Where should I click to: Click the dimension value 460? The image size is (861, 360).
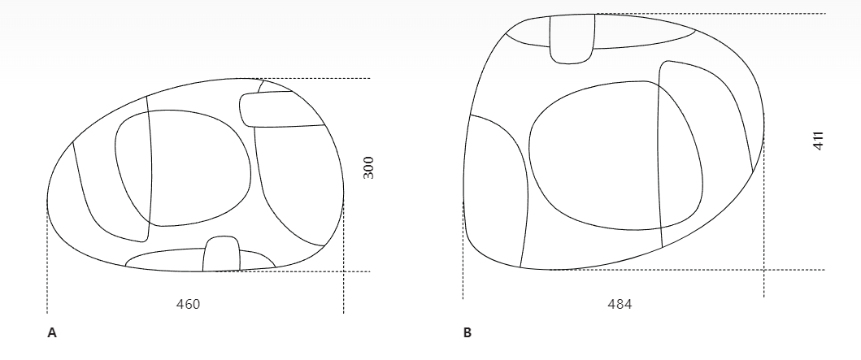pyautogui.click(x=188, y=304)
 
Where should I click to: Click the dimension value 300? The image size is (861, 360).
pyautogui.click(x=368, y=168)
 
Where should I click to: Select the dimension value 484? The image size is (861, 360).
pyautogui.click(x=620, y=304)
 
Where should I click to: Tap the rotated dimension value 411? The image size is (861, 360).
pyautogui.click(x=818, y=141)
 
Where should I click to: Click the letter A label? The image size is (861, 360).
pyautogui.click(x=52, y=332)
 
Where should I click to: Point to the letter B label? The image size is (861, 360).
pyautogui.click(x=467, y=332)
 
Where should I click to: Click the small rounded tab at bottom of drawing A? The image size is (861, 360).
pyautogui.click(x=221, y=254)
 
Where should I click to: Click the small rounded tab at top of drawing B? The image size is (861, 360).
pyautogui.click(x=572, y=39)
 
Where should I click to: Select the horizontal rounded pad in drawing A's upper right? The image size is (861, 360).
pyautogui.click(x=281, y=109)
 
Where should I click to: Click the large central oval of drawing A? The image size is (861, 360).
pyautogui.click(x=183, y=168)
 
